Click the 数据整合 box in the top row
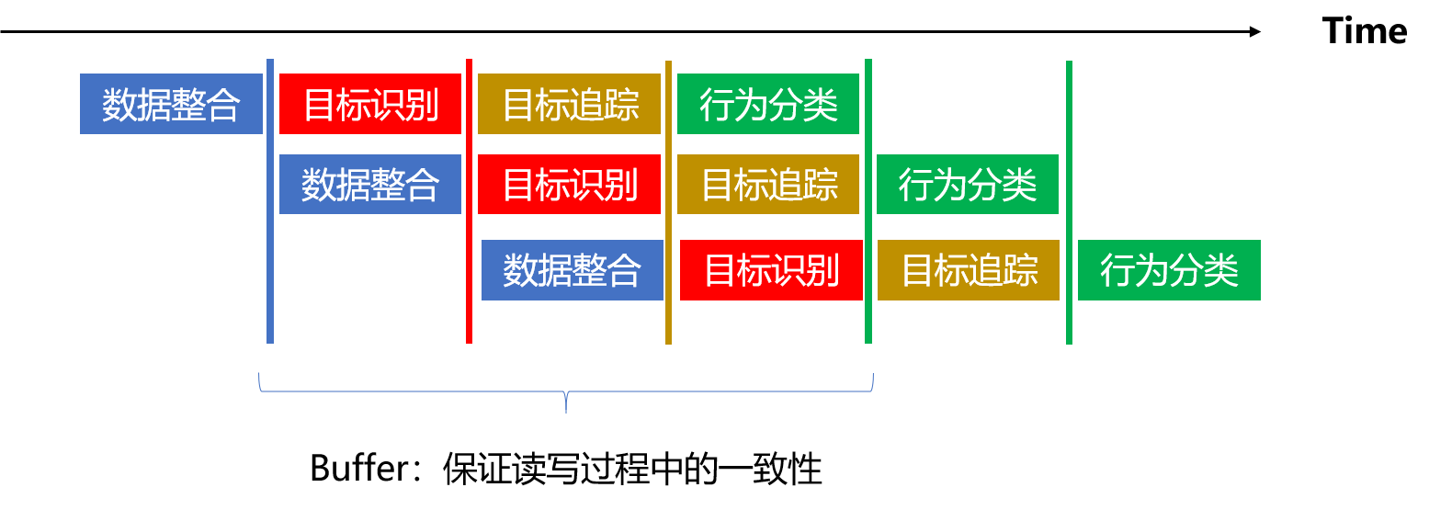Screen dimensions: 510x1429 coord(171,104)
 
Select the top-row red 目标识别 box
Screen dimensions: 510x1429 coord(370,104)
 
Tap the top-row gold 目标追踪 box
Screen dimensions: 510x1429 coord(569,104)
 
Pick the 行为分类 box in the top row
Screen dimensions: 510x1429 coord(768,104)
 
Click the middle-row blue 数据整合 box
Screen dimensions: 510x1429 coord(370,184)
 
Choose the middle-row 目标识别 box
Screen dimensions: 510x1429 coord(569,184)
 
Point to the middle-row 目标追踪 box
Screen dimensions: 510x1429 coord(768,184)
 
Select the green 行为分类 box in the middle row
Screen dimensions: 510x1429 coord(968,184)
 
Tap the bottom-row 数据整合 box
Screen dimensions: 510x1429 coord(573,270)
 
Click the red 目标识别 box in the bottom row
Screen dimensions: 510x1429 coord(772,270)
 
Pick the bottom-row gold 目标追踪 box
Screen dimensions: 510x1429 coord(969,270)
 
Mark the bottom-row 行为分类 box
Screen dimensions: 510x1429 coord(1169,270)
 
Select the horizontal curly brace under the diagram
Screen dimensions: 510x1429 coord(414,391)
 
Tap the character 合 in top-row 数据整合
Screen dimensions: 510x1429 coord(223,105)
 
